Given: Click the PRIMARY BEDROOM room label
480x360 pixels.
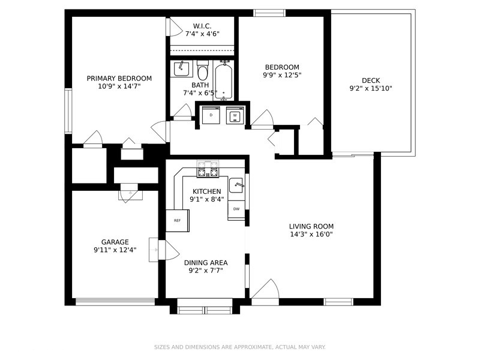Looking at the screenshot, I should tap(119, 79).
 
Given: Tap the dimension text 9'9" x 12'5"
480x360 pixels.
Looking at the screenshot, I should tap(281, 76).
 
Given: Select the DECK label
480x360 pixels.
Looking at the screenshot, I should tap(370, 80).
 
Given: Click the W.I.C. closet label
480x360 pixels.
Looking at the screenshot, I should tap(202, 26).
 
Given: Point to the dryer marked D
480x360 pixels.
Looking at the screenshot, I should tap(211, 115).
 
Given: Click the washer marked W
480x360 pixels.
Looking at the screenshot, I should tap(235, 115).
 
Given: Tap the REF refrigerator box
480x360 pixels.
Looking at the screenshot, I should tap(177, 220).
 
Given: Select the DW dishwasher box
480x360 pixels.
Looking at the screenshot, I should tap(236, 209).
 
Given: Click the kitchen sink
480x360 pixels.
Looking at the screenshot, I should tap(236, 185).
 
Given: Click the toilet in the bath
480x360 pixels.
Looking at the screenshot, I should tap(202, 72).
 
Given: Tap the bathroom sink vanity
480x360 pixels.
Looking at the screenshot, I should tap(182, 68).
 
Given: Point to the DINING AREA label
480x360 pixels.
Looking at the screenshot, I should tap(206, 262).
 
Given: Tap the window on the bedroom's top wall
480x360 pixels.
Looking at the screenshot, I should tap(265, 13).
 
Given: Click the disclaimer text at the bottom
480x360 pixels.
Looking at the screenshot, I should tap(239, 347).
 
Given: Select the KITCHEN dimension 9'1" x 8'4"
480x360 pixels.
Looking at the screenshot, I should tap(206, 199).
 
